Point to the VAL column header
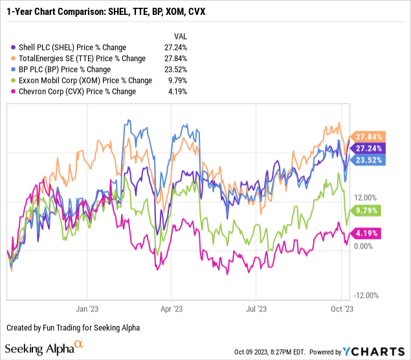point(183,36)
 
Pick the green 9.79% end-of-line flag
point(368,210)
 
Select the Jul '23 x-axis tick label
point(257,309)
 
